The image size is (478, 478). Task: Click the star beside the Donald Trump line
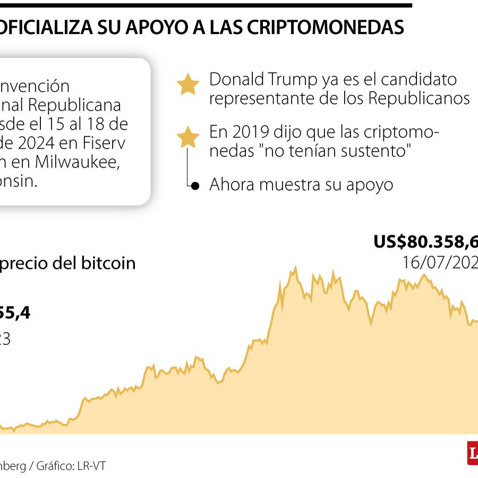point(187,85)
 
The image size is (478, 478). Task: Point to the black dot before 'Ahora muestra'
point(195,185)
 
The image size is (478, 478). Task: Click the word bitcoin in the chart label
point(108,263)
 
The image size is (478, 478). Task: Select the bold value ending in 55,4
point(15,313)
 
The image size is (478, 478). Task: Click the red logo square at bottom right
point(472,453)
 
